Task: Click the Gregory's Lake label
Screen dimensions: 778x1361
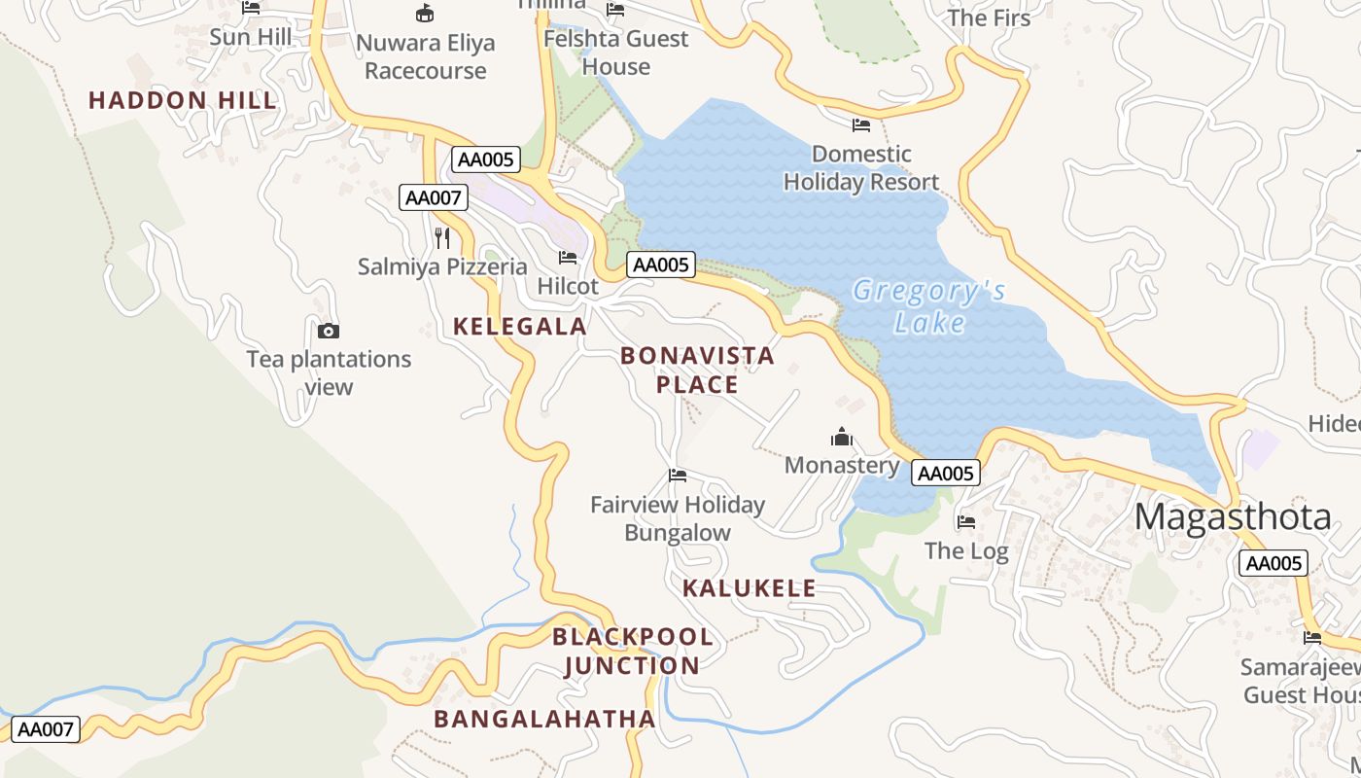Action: click(x=928, y=306)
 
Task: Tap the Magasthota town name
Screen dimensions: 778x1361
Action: click(x=1232, y=516)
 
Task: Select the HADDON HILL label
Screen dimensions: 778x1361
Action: click(x=183, y=100)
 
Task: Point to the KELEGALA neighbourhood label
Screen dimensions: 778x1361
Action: click(x=520, y=327)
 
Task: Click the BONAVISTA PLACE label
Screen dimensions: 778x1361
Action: click(x=697, y=370)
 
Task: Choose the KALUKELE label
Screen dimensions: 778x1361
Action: click(x=749, y=588)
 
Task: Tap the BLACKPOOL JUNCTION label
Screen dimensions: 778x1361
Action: click(x=633, y=652)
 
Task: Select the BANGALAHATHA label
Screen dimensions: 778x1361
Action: click(x=544, y=719)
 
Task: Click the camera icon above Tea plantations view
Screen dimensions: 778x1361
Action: click(x=329, y=331)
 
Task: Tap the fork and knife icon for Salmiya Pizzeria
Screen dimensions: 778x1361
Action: click(x=442, y=238)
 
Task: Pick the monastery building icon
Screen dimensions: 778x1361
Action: click(x=842, y=437)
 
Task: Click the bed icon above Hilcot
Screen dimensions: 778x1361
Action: click(x=568, y=258)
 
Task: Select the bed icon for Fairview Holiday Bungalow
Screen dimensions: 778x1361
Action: click(x=678, y=476)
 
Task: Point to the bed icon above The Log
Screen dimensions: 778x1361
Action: click(x=966, y=522)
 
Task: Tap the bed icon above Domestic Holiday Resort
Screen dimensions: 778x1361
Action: click(x=861, y=124)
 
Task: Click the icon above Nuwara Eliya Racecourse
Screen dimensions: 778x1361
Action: click(x=425, y=14)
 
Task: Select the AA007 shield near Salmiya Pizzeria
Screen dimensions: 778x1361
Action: click(x=434, y=198)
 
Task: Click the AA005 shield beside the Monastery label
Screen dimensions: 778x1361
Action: click(x=945, y=474)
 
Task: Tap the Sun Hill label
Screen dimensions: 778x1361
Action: click(x=251, y=37)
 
